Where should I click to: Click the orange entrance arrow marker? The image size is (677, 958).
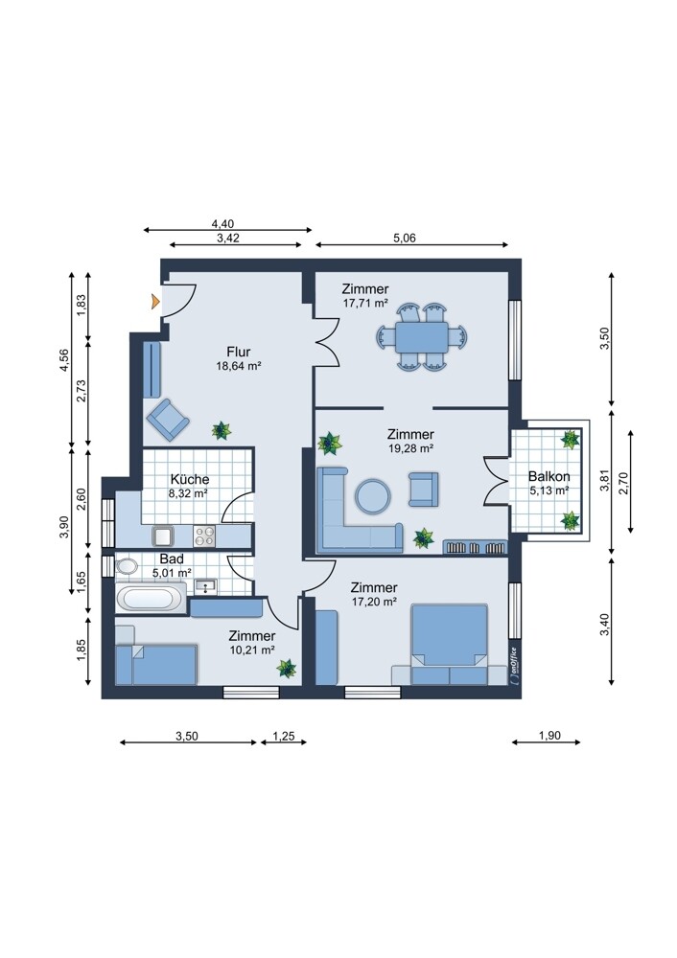pyautogui.click(x=156, y=301)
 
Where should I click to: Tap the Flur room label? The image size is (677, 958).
pyautogui.click(x=239, y=352)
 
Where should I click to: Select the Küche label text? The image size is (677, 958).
pyautogui.click(x=190, y=480)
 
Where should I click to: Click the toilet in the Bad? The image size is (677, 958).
pyautogui.click(x=127, y=566)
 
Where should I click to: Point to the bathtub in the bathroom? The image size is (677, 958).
pyautogui.click(x=151, y=597)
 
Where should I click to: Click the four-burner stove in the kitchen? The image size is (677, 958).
pyautogui.click(x=205, y=536)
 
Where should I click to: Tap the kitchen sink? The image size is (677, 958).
pyautogui.click(x=163, y=536)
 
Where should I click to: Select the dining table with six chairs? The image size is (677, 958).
pyautogui.click(x=421, y=337)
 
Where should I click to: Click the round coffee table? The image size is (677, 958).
pyautogui.click(x=372, y=496)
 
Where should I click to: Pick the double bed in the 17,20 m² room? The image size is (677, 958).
pyautogui.click(x=450, y=645)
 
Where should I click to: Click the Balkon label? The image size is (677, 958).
pyautogui.click(x=549, y=476)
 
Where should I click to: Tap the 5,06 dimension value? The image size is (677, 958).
pyautogui.click(x=405, y=238)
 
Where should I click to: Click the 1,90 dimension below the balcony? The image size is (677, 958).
pyautogui.click(x=549, y=736)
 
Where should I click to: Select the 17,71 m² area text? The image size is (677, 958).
pyautogui.click(x=365, y=303)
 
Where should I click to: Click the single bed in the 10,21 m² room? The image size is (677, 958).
pyautogui.click(x=156, y=665)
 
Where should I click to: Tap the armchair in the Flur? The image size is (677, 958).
pyautogui.click(x=168, y=420)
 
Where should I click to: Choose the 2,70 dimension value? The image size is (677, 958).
pyautogui.click(x=623, y=481)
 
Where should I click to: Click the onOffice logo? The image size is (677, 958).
pyautogui.click(x=512, y=666)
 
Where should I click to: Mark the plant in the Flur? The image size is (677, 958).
pyautogui.click(x=222, y=430)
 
